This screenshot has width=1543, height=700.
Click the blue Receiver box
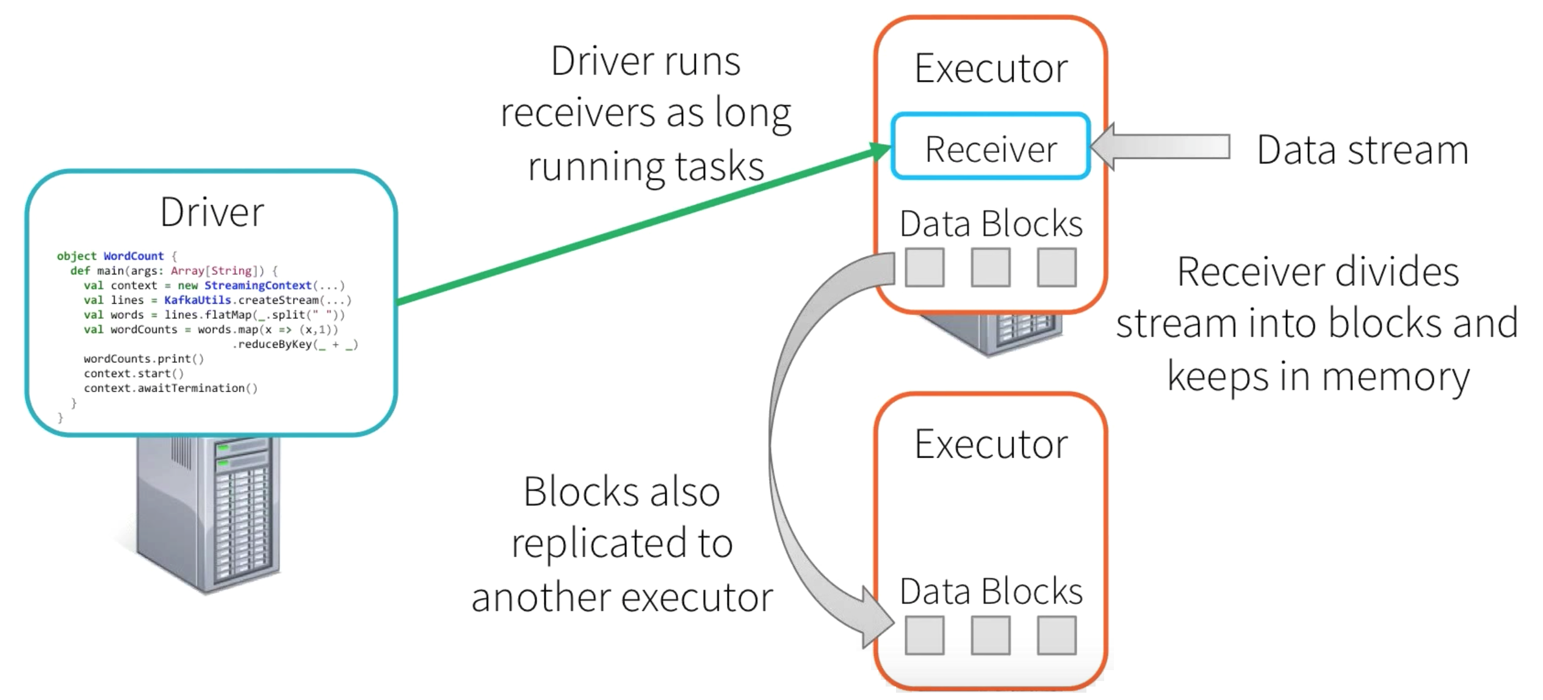990,147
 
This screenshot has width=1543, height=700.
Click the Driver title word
212,212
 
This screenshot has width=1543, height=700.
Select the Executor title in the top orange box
990,68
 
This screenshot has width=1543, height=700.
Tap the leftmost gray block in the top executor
924,267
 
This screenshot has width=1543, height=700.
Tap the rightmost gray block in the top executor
1056,267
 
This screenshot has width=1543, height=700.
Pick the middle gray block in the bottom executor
990,635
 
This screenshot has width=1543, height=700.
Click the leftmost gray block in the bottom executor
924,635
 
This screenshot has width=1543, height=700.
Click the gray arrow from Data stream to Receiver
1160,147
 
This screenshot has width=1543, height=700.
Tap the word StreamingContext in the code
258,285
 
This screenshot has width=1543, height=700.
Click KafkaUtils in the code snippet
197,300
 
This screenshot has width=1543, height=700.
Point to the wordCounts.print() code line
143,359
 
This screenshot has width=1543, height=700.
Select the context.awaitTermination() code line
170,388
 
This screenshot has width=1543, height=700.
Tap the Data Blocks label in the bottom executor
990,591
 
